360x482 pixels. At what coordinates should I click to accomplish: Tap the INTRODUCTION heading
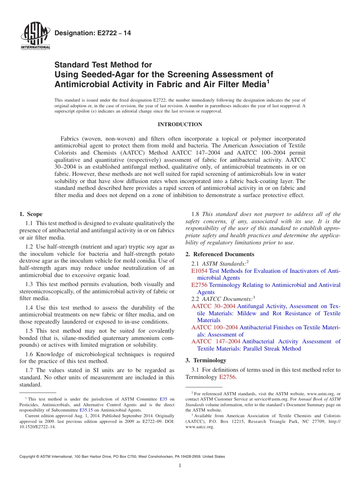180,124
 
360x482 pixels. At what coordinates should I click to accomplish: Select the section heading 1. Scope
31,214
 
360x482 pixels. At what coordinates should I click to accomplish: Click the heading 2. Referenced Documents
220,254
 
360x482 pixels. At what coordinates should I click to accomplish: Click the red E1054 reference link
199,271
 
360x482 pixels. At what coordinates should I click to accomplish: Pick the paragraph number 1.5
30,331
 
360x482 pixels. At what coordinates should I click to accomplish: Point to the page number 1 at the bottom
180,466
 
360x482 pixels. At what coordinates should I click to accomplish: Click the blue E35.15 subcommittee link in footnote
86,410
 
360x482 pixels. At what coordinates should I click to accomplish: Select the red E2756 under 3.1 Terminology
227,377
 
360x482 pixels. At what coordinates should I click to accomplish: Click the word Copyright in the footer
28,457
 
